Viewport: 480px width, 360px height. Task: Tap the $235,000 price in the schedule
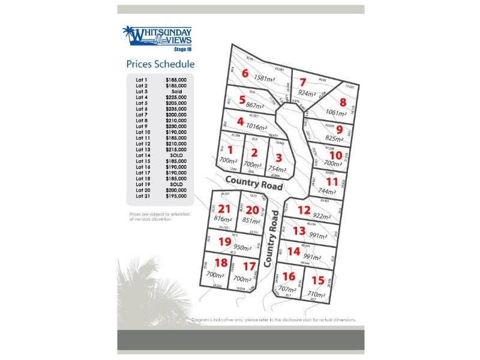coord(176,109)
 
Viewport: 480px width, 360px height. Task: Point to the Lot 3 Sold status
coord(176,91)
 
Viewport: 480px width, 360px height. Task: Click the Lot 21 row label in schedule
coord(142,196)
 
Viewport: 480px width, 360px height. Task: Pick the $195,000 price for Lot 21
coord(176,196)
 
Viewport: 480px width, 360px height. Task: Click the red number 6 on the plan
coord(244,74)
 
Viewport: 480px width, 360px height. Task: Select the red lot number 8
coord(343,103)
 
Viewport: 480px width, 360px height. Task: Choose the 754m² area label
coord(277,169)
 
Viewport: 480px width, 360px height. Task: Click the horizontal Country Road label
coord(254,182)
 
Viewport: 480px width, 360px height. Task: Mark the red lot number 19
coord(224,242)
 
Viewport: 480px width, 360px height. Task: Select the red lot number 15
coord(318,280)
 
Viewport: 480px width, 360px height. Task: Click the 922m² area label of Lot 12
coord(322,216)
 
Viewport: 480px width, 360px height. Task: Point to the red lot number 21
coord(224,209)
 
